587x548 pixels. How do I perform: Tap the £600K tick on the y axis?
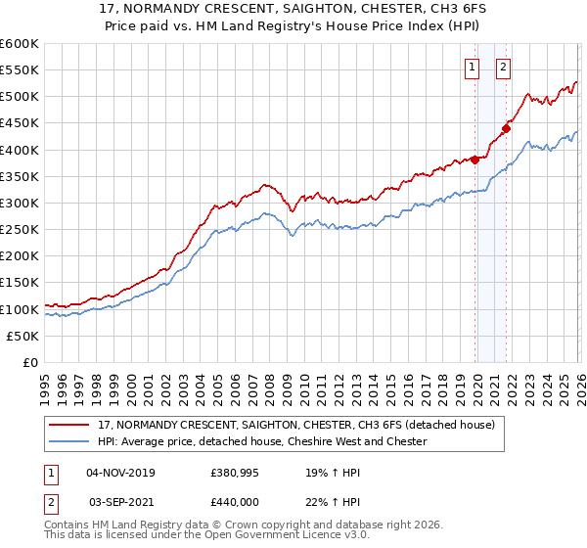pos(20,44)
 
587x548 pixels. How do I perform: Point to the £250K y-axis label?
pos(20,229)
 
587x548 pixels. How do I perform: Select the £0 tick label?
pos(29,362)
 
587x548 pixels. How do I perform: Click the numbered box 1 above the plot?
pos(472,68)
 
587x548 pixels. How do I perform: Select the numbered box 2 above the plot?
pos(503,68)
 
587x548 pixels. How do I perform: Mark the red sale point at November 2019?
pos(475,160)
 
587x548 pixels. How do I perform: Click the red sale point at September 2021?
pos(507,127)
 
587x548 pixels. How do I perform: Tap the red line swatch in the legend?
pos(70,425)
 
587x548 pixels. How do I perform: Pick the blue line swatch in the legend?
pos(70,441)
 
